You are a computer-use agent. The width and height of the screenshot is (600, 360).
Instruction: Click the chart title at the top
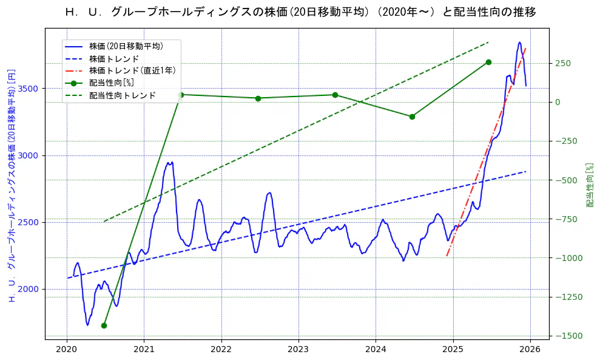pyautogui.click(x=300, y=12)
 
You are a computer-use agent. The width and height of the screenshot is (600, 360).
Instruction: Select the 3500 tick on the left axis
pyautogui.click(x=29, y=89)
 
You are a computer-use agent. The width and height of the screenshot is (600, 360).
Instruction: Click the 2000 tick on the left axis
pyautogui.click(x=29, y=289)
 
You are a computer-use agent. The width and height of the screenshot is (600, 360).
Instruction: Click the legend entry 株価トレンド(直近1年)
pyautogui.click(x=132, y=70)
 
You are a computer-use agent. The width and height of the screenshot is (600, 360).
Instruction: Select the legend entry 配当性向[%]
pyautogui.click(x=112, y=83)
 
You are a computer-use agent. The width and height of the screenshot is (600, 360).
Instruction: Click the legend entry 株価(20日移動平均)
pyautogui.click(x=126, y=46)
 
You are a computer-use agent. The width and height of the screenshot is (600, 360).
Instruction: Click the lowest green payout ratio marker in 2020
pyautogui.click(x=104, y=325)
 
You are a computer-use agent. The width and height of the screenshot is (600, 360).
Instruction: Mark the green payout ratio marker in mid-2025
pyautogui.click(x=488, y=62)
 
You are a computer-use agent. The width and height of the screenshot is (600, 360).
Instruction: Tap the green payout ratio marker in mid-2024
pyautogui.click(x=412, y=117)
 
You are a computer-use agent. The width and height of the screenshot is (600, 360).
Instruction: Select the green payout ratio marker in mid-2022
pyautogui.click(x=258, y=98)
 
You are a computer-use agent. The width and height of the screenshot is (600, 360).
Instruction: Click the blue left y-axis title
pyautogui.click(x=11, y=185)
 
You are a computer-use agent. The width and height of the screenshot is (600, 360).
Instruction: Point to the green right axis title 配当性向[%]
pyautogui.click(x=590, y=185)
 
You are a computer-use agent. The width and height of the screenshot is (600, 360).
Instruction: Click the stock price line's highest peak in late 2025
pyautogui.click(x=519, y=42)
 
